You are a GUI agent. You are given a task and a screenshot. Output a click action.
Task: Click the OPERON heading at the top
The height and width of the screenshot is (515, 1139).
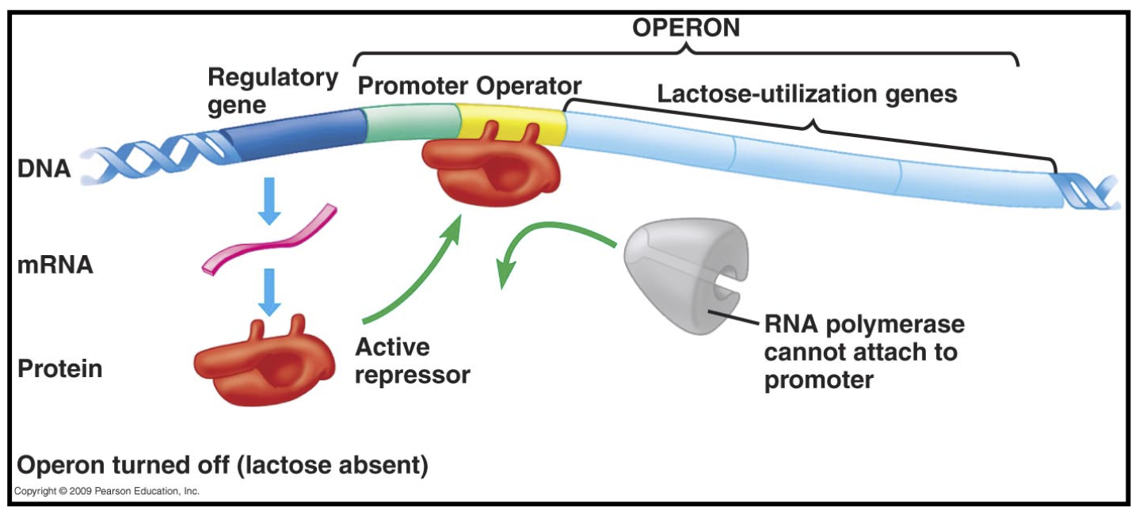686,28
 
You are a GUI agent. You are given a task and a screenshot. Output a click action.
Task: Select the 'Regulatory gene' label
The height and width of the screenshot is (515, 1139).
272,90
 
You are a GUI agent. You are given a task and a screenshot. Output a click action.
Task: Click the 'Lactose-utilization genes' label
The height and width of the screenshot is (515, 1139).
807,93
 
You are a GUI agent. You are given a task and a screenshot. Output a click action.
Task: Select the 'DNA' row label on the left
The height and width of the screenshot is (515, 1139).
44,168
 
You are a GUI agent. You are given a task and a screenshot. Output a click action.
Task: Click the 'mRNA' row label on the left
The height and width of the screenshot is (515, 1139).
55,265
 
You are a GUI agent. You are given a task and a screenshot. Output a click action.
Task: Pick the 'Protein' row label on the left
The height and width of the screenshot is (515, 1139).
60,368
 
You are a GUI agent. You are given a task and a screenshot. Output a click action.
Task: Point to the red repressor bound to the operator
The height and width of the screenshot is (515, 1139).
491,170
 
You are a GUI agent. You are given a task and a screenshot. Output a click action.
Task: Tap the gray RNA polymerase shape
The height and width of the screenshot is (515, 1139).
689,277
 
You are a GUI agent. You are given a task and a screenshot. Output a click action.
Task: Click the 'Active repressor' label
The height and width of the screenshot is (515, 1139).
412,360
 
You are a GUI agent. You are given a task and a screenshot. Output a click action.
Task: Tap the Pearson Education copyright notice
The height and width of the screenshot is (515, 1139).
107,491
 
